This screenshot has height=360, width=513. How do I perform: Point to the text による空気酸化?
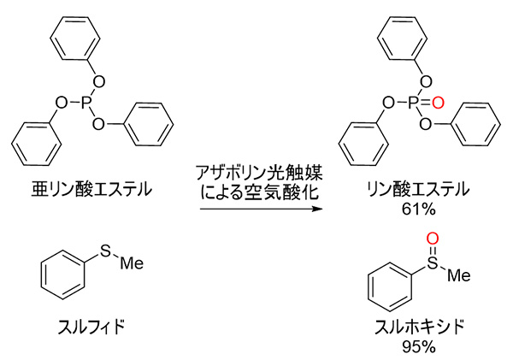tap(259, 192)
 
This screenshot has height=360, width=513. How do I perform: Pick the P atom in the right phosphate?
tap(418, 103)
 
